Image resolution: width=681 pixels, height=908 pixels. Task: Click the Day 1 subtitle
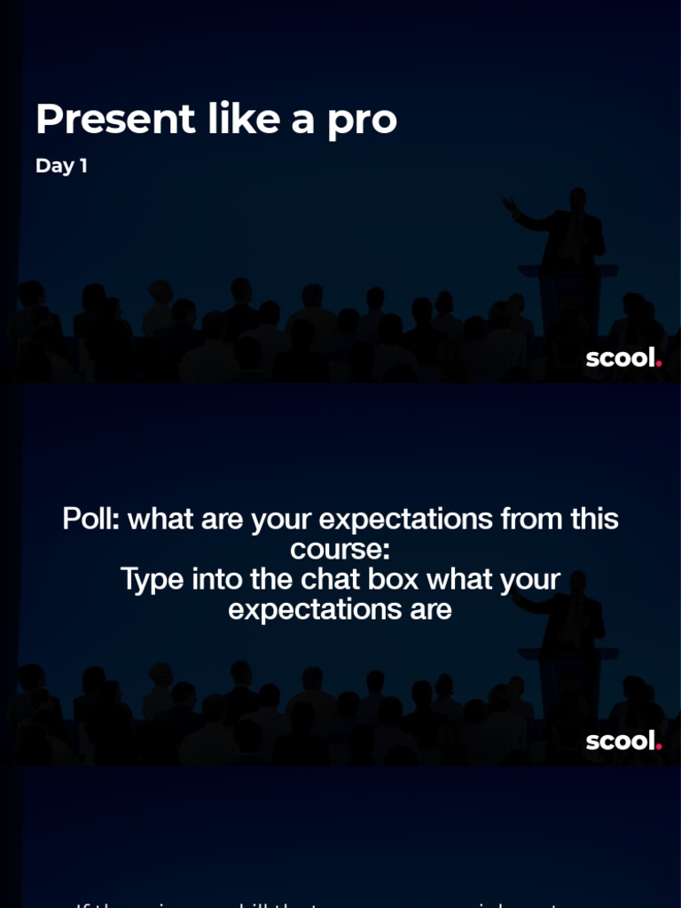tap(61, 166)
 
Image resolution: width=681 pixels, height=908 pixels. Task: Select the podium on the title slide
tap(567, 293)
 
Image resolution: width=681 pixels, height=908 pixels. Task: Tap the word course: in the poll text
tap(340, 549)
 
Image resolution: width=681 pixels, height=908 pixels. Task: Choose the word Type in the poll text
tap(149, 579)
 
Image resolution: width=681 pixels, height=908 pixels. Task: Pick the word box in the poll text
tap(447, 579)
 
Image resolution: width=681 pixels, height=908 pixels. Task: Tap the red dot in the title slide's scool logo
tap(659, 363)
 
